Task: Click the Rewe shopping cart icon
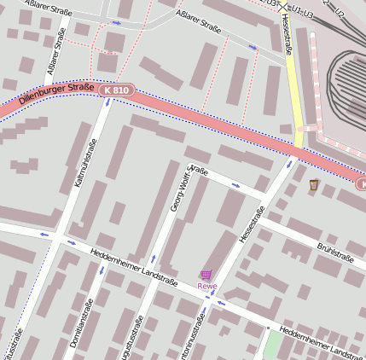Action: point(206,274)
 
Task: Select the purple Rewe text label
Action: point(207,287)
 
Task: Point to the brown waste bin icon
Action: point(314,184)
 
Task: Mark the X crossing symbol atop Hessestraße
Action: point(283,5)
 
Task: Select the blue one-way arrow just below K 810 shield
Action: point(108,102)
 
